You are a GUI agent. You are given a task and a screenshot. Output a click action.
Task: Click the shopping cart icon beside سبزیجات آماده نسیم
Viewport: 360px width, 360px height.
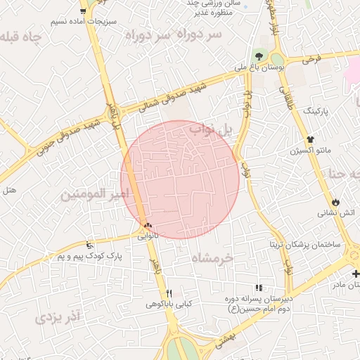coord(84,11)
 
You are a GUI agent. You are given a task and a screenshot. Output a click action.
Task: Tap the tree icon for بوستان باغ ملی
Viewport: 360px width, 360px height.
coord(259,55)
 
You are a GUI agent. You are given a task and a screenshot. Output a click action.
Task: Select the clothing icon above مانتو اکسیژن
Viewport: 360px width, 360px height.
coord(310,139)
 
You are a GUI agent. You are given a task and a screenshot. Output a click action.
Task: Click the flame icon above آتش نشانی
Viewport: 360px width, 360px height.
coord(335,201)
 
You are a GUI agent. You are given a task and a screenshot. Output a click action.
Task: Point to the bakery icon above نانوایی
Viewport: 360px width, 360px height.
coord(147,225)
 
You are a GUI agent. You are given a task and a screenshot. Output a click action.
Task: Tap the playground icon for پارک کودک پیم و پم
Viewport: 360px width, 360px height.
coord(89,245)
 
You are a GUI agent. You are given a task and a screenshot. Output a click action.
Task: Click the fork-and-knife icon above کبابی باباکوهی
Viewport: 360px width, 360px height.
coord(169,293)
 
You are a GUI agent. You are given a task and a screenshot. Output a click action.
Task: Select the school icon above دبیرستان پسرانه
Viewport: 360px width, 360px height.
coord(259,288)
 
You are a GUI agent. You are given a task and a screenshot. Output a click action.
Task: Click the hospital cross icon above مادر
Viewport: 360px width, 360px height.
coord(355,273)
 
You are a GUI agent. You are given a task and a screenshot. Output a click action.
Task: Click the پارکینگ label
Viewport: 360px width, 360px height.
coord(321,111)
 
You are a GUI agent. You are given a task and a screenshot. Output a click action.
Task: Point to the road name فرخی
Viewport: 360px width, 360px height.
coord(311,60)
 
